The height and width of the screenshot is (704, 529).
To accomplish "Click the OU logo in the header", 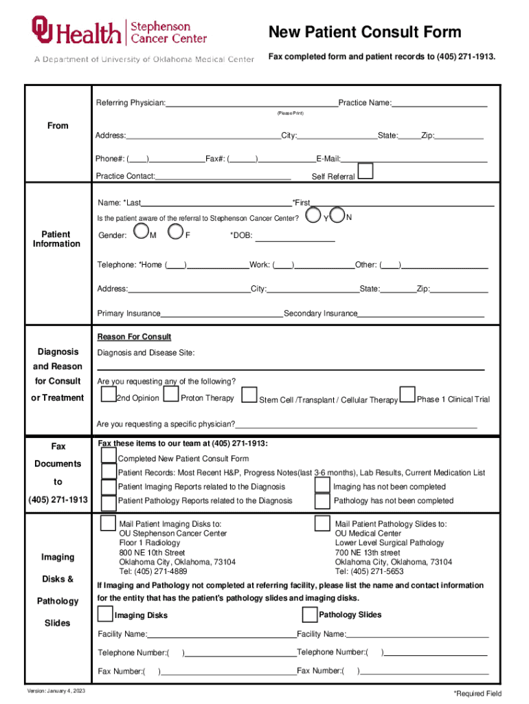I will [43, 30].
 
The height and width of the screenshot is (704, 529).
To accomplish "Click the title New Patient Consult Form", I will [364, 32].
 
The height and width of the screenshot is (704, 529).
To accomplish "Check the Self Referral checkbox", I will [367, 171].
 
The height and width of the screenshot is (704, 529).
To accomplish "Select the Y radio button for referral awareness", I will [315, 216].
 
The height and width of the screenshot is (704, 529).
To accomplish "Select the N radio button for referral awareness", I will [337, 215].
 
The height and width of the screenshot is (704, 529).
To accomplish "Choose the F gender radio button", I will [177, 233].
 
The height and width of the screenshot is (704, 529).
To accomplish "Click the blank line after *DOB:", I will [295, 238].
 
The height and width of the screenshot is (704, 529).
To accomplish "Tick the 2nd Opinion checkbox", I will [109, 395].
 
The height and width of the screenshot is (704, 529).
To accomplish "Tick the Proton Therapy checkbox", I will [172, 395].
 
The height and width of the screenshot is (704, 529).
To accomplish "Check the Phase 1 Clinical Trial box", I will [408, 395].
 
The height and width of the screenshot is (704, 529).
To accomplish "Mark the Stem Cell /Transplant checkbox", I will [249, 395].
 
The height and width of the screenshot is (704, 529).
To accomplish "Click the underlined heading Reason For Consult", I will [134, 337].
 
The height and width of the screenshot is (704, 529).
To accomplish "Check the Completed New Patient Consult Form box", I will [109, 455].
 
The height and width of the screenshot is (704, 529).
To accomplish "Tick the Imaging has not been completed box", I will [322, 485].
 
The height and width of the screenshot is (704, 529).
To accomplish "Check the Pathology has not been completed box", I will [322, 500].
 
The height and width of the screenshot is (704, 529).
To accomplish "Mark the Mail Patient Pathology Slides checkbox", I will [322, 523].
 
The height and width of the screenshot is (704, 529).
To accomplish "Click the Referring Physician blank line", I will [251, 104].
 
